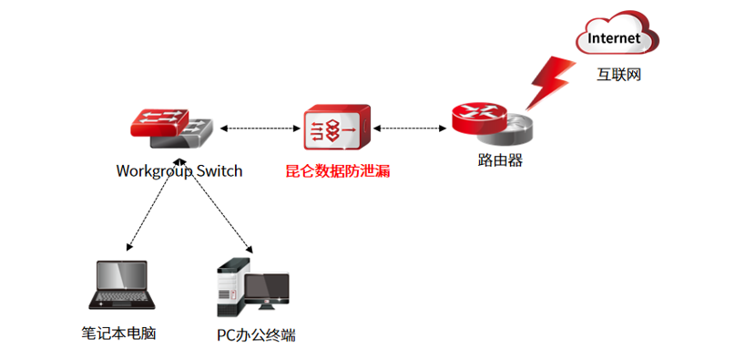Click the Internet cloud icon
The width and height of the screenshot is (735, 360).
617,33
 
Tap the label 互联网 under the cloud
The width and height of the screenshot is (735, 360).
618,75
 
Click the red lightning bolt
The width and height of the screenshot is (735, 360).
550,83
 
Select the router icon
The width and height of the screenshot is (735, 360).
492,124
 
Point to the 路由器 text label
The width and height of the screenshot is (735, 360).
500,160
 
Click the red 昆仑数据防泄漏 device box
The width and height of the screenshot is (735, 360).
337,128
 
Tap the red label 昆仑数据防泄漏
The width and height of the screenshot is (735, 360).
338,170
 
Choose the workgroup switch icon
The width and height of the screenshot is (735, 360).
171,129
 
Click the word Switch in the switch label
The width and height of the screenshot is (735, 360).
219,170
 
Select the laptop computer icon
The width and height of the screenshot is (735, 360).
122,285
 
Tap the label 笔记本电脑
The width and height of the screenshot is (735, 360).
118,334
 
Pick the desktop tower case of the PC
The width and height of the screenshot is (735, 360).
230,287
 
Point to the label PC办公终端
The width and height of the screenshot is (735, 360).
256,335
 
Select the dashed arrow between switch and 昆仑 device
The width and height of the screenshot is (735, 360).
260,129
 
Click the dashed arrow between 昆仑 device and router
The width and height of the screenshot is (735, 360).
410,128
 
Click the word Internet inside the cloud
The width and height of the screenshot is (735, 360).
614,38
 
